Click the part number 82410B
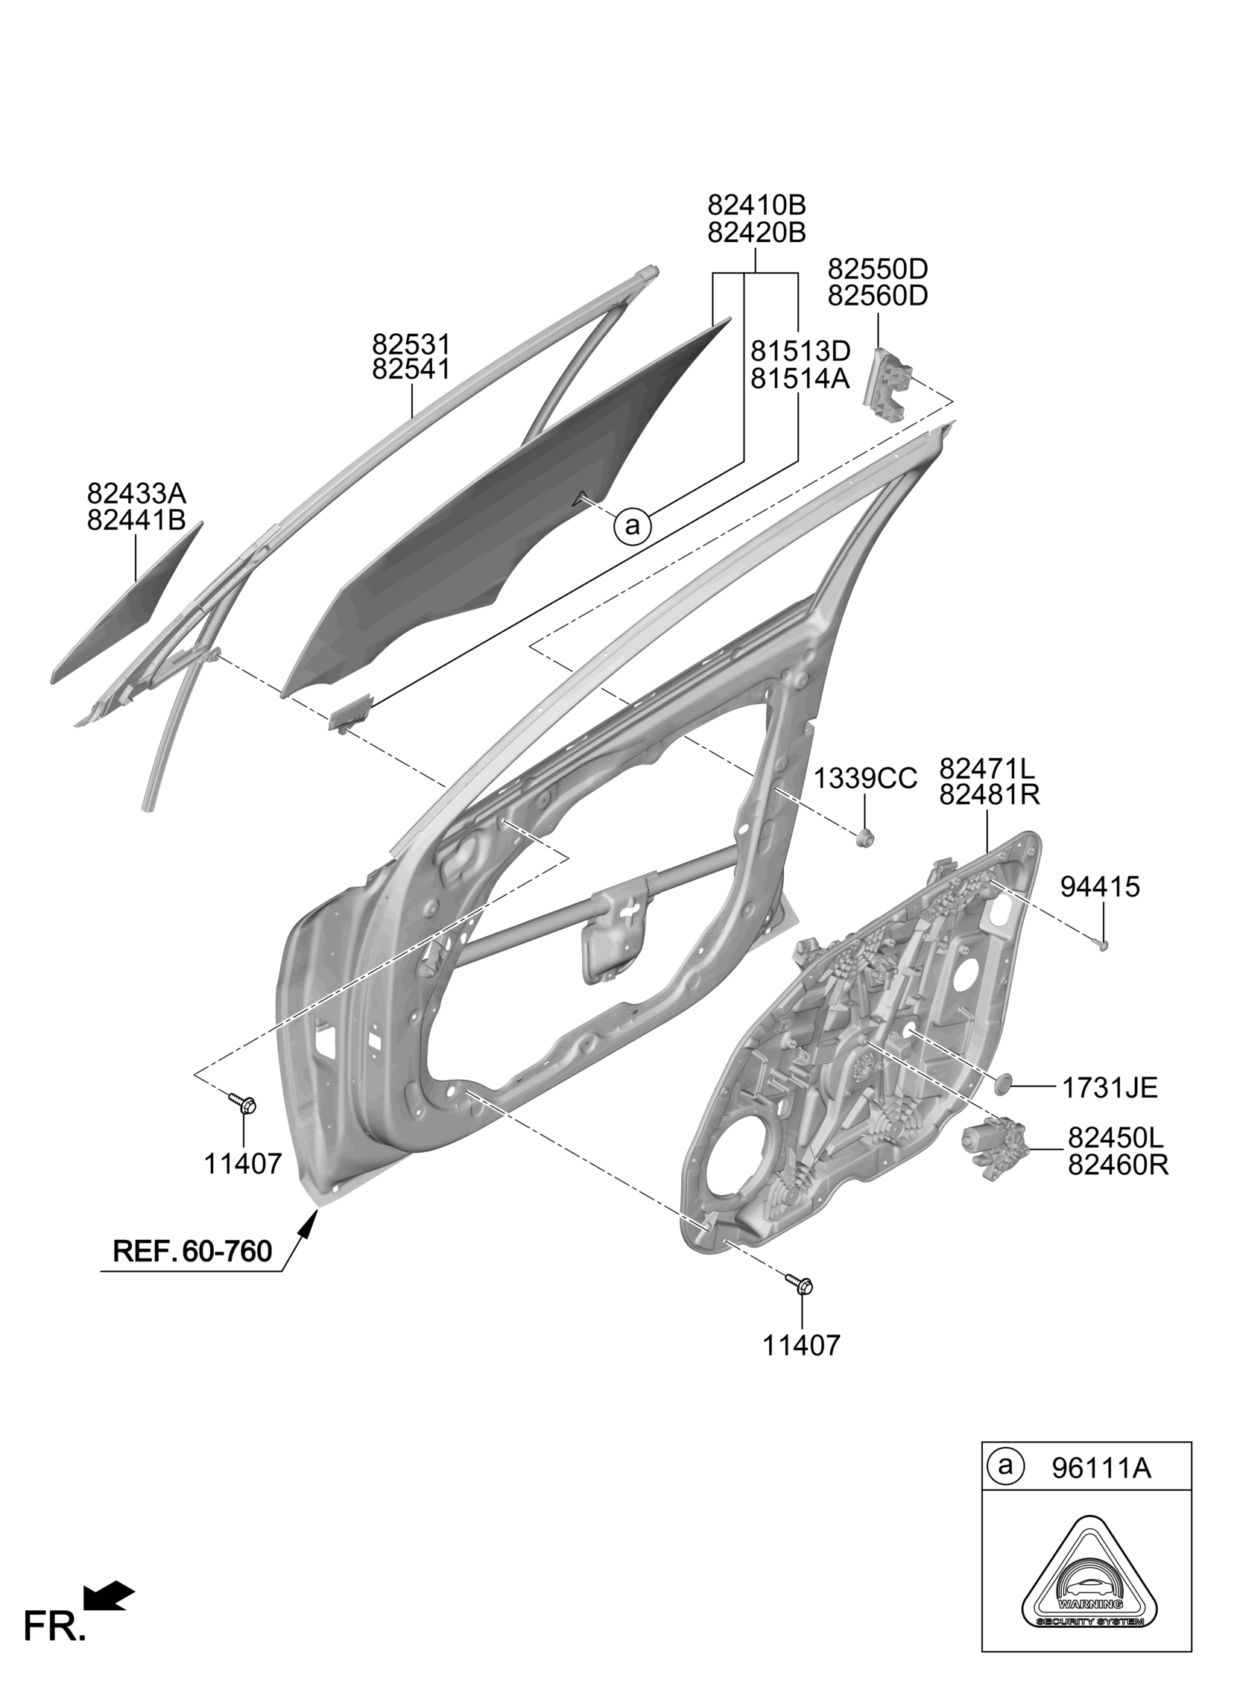click(x=756, y=205)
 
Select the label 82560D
click(x=878, y=296)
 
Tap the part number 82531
click(x=411, y=344)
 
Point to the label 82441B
click(x=136, y=520)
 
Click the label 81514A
click(x=800, y=379)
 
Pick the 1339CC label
click(x=864, y=779)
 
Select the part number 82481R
click(x=989, y=794)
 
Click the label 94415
click(x=1101, y=887)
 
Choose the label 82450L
click(x=1116, y=1137)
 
